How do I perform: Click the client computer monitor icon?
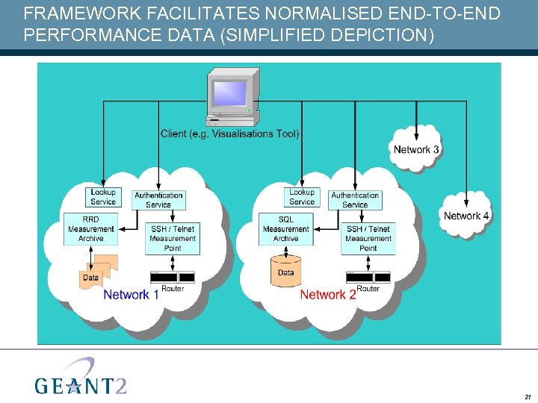pyautogui.click(x=232, y=97)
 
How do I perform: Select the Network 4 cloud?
pyautogui.click(x=466, y=216)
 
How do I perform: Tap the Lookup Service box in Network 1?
pyautogui.click(x=103, y=197)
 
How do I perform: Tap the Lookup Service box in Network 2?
pyautogui.click(x=302, y=197)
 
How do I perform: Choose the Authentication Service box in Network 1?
pyautogui.click(x=158, y=200)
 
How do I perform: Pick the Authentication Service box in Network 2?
pyautogui.click(x=355, y=200)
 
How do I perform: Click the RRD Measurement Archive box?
pyautogui.click(x=90, y=229)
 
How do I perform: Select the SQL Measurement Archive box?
pyautogui.click(x=285, y=229)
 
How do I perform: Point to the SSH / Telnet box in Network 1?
pyautogui.click(x=173, y=238)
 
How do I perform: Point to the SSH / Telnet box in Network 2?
pyautogui.click(x=368, y=238)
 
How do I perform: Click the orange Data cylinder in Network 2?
pyautogui.click(x=285, y=270)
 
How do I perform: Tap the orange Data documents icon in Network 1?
pyautogui.click(x=96, y=272)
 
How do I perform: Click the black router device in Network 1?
pyautogui.click(x=173, y=277)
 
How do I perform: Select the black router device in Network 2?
pyautogui.click(x=368, y=277)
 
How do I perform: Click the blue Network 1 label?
pyautogui.click(x=131, y=295)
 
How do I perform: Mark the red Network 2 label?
pyautogui.click(x=327, y=295)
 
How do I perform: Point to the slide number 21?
pyautogui.click(x=527, y=396)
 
